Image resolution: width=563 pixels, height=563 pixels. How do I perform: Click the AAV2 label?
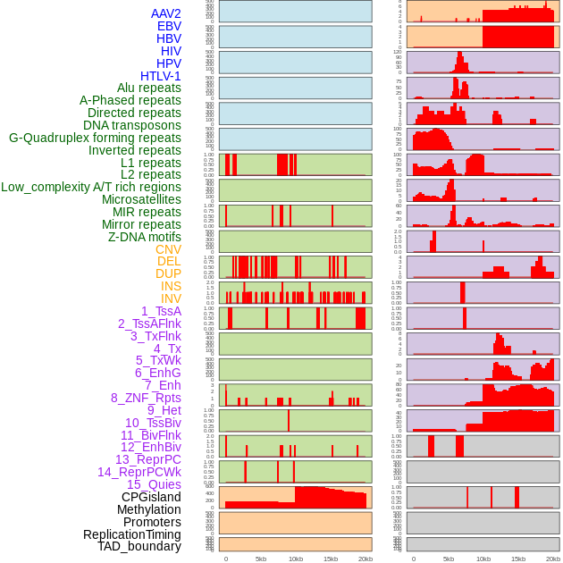(165, 13)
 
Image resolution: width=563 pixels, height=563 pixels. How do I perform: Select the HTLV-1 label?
(160, 76)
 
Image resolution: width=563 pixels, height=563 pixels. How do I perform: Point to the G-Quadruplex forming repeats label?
(95, 138)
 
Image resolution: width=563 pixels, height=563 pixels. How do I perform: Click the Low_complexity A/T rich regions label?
(91, 187)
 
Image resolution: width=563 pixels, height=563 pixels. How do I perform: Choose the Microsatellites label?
(141, 199)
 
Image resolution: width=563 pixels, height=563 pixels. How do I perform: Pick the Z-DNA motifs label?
(144, 237)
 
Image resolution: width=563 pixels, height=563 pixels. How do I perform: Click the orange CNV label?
(168, 249)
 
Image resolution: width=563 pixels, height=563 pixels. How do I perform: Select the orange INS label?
(171, 286)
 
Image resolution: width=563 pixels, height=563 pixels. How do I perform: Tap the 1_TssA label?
(161, 311)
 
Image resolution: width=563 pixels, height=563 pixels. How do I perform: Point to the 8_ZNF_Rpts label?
(146, 398)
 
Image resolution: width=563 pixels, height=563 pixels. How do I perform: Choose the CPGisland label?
(151, 497)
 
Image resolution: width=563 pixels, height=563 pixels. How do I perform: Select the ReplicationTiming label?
(132, 534)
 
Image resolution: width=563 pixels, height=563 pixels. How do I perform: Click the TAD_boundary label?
(139, 546)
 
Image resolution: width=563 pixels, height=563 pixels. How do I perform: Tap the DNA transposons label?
(132, 125)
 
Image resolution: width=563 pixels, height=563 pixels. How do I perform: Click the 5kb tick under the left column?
(261, 559)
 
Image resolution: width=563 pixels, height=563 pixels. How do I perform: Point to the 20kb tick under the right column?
(553, 559)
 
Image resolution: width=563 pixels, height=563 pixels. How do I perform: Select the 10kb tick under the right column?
(483, 559)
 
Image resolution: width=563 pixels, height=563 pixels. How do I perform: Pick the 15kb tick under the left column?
(331, 559)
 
